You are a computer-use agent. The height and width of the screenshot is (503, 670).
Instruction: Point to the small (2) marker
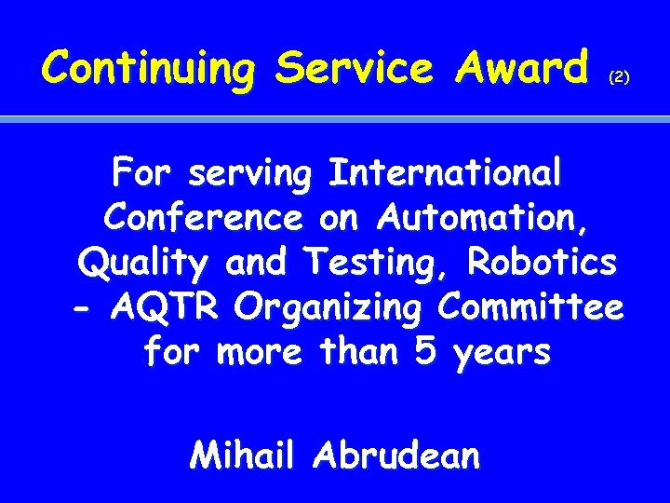pos(619,79)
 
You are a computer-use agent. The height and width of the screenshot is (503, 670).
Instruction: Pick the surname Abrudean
pos(397,455)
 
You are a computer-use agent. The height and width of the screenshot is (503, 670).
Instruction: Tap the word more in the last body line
pos(259,354)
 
